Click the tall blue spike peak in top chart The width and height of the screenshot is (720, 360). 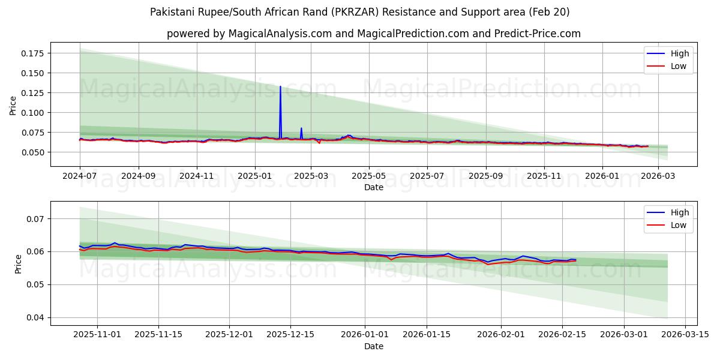pos(280,86)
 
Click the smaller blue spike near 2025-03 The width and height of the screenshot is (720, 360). pos(301,128)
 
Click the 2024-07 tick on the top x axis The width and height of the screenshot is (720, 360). pos(80,176)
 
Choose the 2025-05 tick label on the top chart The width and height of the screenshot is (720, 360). pos(368,176)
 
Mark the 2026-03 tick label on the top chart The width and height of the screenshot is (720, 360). pos(658,176)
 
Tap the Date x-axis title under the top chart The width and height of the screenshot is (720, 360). pos(374,187)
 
